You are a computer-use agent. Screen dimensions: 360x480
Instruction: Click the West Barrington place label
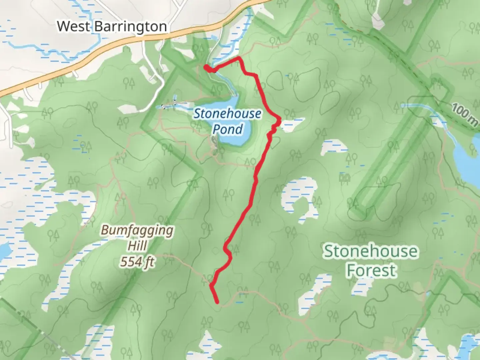tap(112, 26)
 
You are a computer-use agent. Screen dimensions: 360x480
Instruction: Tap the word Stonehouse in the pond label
tap(228, 114)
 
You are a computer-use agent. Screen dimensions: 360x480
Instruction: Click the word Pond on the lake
tap(228, 129)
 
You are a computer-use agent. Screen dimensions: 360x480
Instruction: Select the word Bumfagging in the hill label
tap(137, 230)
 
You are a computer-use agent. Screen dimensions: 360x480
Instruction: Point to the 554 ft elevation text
tap(137, 262)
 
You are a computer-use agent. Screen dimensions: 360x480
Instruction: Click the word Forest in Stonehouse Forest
tap(371, 270)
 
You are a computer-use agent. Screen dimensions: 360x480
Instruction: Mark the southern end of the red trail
tap(217, 302)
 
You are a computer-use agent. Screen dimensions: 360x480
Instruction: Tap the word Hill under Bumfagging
tap(137, 246)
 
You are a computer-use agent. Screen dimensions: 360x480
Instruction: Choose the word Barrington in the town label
tap(130, 26)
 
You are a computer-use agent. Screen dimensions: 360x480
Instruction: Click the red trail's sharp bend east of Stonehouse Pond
tap(279, 119)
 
